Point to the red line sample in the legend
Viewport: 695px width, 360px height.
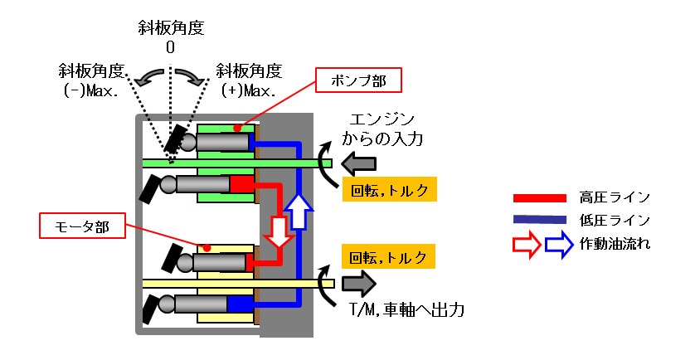[540, 199]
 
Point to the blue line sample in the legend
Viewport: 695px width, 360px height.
[540, 221]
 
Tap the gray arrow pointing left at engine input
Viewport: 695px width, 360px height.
[358, 162]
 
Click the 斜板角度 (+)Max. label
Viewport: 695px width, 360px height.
[249, 79]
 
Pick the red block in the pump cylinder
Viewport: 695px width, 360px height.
[241, 183]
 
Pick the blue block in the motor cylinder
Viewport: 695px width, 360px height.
[241, 304]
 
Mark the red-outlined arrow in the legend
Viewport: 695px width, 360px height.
[528, 244]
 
